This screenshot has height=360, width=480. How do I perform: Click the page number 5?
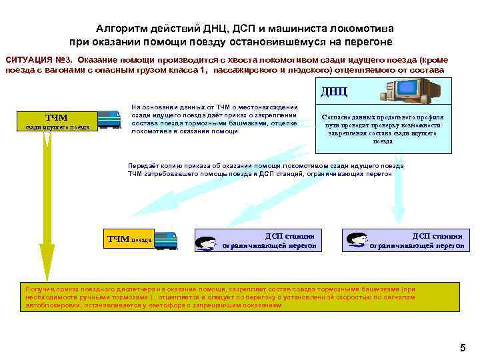point(463,348)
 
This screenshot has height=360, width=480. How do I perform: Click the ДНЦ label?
point(334,91)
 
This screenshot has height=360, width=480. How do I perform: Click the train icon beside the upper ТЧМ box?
point(109,119)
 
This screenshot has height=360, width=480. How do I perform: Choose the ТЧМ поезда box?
point(130,239)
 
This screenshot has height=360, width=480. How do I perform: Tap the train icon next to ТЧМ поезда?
point(166,240)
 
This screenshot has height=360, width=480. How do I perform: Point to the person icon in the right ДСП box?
point(357,241)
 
